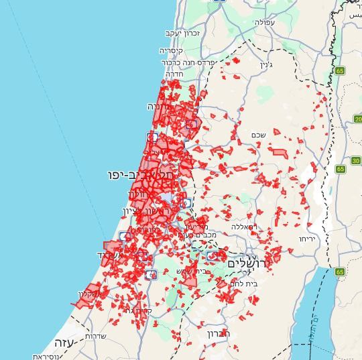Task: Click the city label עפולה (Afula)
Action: [264, 22]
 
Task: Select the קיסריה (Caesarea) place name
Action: [171, 50]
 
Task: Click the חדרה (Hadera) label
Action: [173, 74]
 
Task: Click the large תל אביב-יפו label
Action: [141, 175]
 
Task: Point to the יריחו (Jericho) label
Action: [307, 238]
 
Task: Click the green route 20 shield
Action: [358, 119]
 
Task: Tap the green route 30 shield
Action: [355, 161]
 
